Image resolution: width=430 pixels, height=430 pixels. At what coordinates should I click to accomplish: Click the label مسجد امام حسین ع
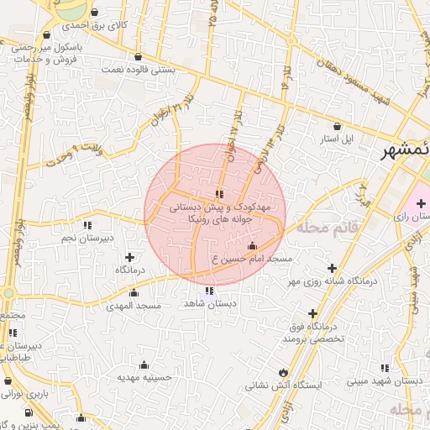[x=252, y=260]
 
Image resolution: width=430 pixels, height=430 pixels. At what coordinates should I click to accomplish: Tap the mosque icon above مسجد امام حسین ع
[x=253, y=246]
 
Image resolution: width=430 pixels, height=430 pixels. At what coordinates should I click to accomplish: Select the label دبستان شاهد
[x=209, y=305]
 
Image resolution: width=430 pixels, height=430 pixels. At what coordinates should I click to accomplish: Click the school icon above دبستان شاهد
[x=209, y=291]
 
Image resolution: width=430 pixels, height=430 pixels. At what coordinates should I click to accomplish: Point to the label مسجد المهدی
[x=134, y=307]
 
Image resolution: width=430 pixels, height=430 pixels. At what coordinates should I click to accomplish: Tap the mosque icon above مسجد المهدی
[x=134, y=293]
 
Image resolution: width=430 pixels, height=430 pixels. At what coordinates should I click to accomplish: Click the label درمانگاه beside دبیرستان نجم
[x=132, y=270]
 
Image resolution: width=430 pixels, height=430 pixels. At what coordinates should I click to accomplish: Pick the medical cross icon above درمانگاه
[x=129, y=257]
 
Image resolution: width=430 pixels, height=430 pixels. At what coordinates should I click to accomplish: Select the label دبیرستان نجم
[x=88, y=239]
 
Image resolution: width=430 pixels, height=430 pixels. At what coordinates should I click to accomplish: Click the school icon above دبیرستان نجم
[x=87, y=225]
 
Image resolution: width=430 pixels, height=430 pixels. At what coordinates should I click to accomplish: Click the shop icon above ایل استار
[x=338, y=124]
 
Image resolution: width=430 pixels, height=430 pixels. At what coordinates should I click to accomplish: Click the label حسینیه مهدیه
[x=144, y=378]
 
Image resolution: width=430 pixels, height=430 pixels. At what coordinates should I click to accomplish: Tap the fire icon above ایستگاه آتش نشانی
[x=281, y=373]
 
